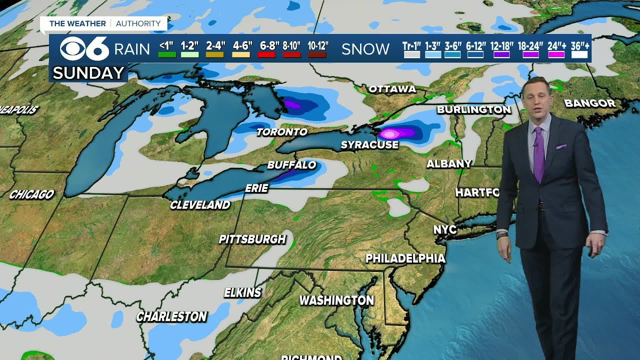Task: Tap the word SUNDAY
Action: pyautogui.click(x=88, y=73)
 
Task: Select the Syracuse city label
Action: pyautogui.click(x=369, y=145)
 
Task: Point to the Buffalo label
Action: pyautogui.click(x=291, y=165)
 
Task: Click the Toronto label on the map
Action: pyautogui.click(x=282, y=132)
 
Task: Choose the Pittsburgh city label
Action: pyautogui.click(x=252, y=239)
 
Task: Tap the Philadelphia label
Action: pyautogui.click(x=405, y=258)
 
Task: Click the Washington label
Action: pyautogui.click(x=336, y=300)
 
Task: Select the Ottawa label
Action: pyautogui.click(x=392, y=89)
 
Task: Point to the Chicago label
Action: pyautogui.click(x=31, y=194)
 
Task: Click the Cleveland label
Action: pyautogui.click(x=200, y=205)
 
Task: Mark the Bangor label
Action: pyautogui.click(x=589, y=103)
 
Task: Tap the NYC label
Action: pyautogui.click(x=444, y=229)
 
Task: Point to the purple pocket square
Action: pyautogui.click(x=561, y=146)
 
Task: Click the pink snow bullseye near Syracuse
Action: pyautogui.click(x=389, y=133)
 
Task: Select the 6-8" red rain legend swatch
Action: pyautogui.click(x=266, y=54)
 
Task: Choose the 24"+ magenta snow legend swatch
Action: pyautogui.click(x=556, y=54)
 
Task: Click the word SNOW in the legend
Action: pyautogui.click(x=365, y=49)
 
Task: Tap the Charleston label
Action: pyautogui.click(x=171, y=316)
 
